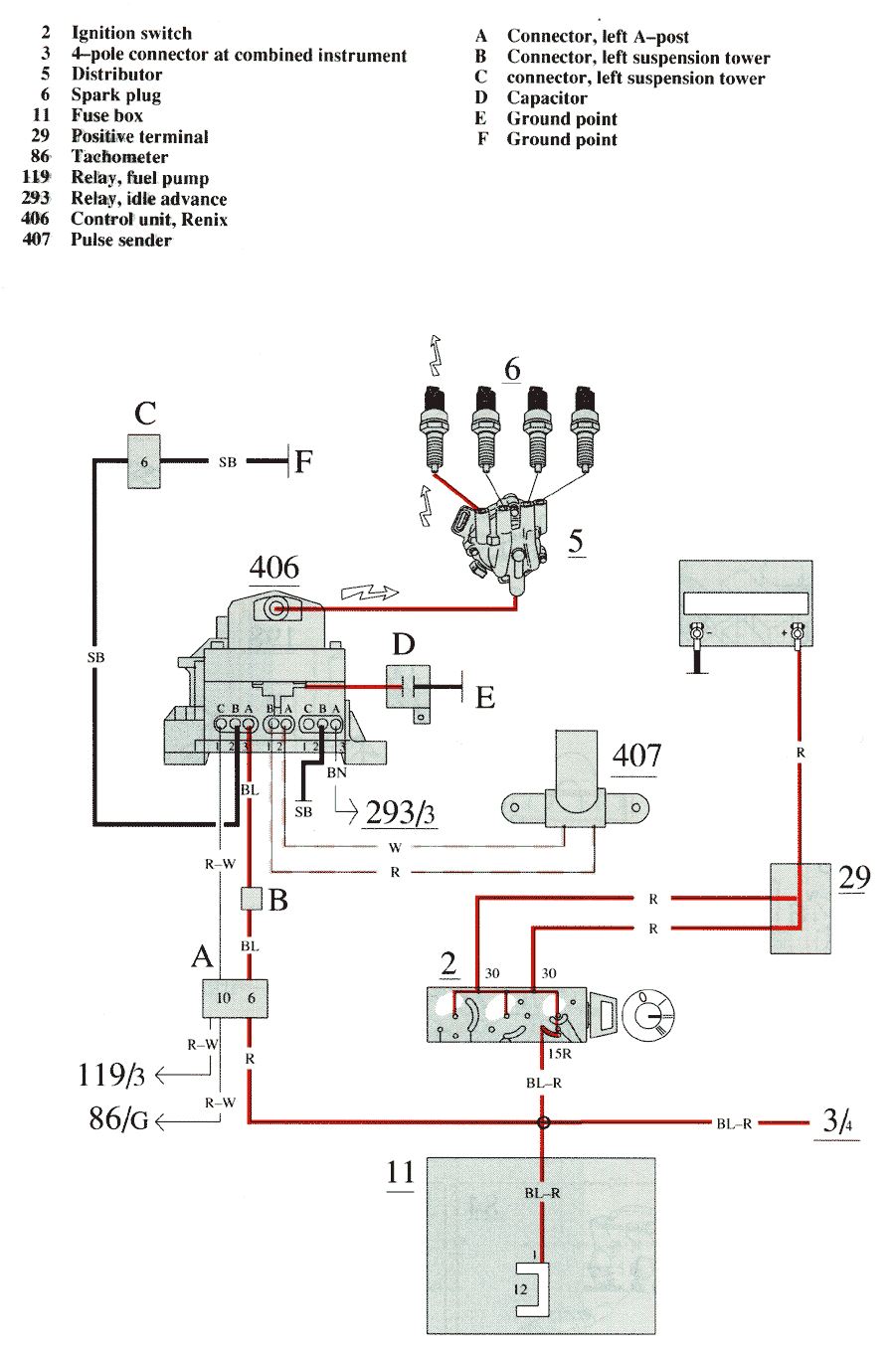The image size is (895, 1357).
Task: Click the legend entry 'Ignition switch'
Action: pos(131,33)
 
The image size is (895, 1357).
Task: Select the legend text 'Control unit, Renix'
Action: pos(149,220)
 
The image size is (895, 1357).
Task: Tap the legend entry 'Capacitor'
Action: pos(547,97)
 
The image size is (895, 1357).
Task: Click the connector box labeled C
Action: pos(144,461)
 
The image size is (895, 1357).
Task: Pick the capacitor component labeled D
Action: pos(408,686)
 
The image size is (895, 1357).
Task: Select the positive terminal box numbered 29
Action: pos(801,908)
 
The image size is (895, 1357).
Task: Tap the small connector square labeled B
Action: pos(251,899)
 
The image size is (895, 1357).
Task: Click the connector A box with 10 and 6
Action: pos(235,998)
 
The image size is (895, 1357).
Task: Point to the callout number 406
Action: pos(273,568)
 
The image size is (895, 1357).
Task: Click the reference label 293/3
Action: pos(400,812)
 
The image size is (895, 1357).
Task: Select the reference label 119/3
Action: pos(111,1075)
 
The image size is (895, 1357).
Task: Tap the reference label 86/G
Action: pos(118,1119)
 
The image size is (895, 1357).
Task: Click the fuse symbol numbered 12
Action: pos(532,1288)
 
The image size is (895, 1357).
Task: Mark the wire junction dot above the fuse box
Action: pos(543,1122)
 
